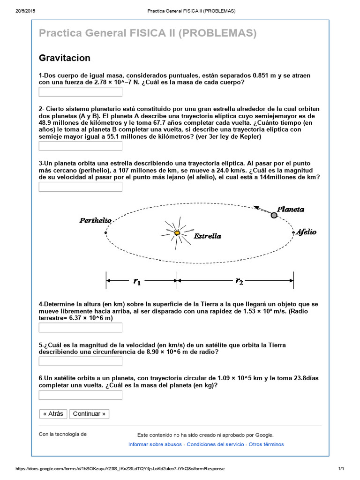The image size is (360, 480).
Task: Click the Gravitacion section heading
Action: point(64,58)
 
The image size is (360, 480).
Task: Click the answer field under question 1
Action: point(80,92)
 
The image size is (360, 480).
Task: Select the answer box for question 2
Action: point(80,146)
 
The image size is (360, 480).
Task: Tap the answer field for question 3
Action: point(80,187)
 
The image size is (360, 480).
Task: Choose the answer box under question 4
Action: point(80,328)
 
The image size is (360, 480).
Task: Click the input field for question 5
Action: point(80,361)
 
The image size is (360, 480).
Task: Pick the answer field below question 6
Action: point(80,395)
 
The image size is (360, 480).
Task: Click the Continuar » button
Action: point(89,413)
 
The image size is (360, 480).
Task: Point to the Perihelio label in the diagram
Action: point(95,220)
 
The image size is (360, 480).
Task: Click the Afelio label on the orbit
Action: point(306,232)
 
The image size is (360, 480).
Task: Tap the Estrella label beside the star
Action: point(208,236)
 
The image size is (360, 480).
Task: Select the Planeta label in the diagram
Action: point(291,209)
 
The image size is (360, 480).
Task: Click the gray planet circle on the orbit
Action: point(274,215)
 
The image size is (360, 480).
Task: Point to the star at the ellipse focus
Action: point(177,232)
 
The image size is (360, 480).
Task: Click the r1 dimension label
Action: point(137,281)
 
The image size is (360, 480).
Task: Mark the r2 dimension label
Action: point(239,281)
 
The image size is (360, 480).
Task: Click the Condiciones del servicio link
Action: point(215,444)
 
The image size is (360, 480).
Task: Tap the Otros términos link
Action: point(266,444)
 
